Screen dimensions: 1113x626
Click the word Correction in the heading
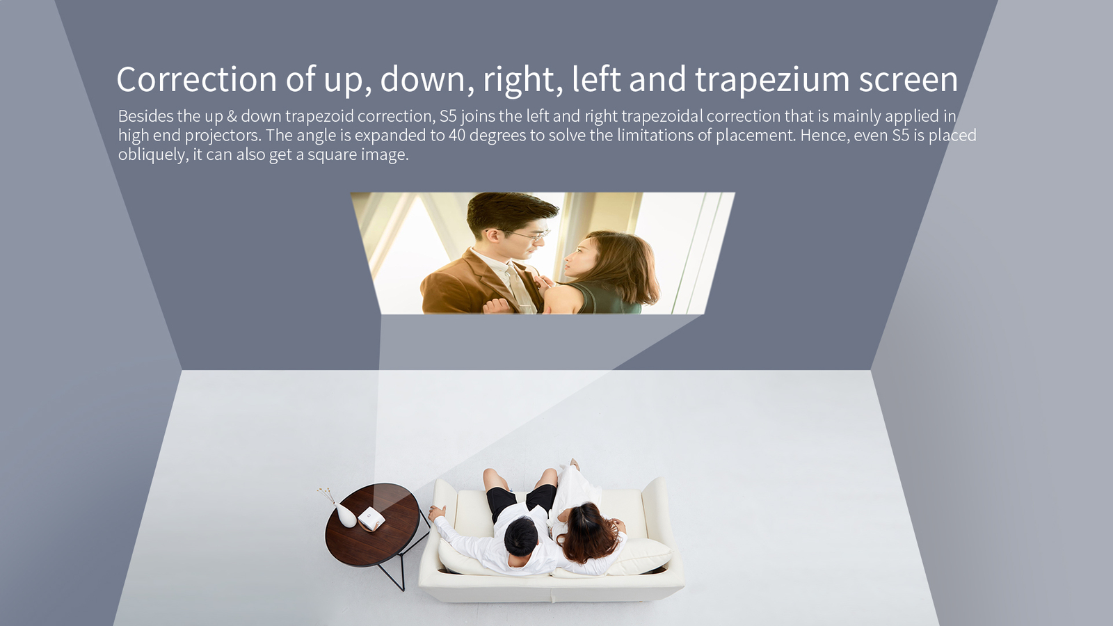coord(196,79)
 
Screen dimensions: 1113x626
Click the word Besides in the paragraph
coord(145,115)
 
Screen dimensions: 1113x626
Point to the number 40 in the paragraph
coord(456,135)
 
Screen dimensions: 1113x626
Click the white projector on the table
coord(371,519)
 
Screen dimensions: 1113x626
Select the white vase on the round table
coord(346,515)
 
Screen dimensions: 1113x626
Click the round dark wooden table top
coord(373,524)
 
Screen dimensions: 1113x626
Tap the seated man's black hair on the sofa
coord(521,536)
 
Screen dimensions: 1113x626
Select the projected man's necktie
coord(518,288)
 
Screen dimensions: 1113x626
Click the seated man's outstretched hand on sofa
coord(437,513)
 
